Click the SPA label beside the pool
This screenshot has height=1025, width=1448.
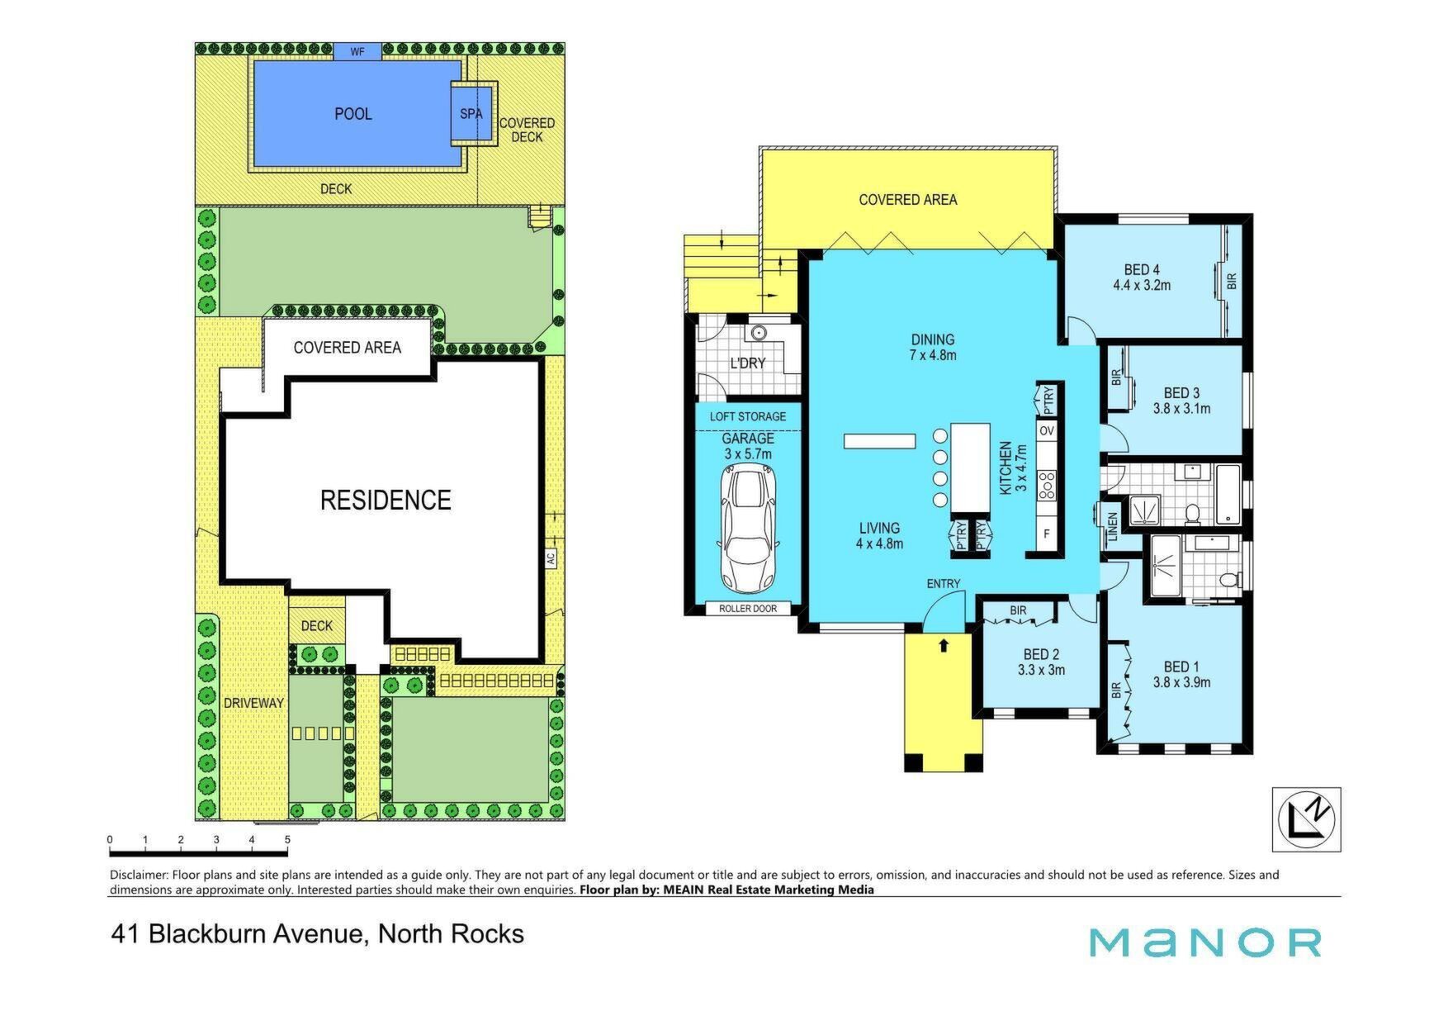pos(471,114)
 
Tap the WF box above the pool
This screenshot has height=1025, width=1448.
pos(357,52)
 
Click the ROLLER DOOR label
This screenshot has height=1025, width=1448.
pos(748,609)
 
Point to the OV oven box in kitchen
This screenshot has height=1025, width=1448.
pos(1047,431)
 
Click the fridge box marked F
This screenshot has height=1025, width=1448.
pos(1047,534)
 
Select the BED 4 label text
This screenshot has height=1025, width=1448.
pos(1142,269)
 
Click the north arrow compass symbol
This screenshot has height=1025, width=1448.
pos(1306,819)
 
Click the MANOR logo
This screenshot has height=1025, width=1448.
pos(1205,942)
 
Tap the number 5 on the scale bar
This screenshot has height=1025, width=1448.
pos(287,840)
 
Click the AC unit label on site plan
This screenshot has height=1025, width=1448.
pos(551,558)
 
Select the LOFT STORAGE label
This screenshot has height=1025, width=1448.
pos(748,416)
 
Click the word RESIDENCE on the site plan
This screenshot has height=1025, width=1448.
pos(386,500)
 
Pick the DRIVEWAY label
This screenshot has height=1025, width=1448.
pos(253,703)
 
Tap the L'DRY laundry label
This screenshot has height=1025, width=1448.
pos(748,363)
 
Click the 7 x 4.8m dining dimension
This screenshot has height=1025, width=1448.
pos(933,355)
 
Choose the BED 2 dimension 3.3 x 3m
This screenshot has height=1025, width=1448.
pos(1041,670)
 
